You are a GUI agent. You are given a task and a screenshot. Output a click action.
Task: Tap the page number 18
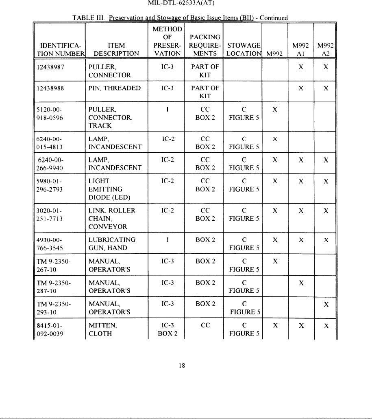pos(182,365)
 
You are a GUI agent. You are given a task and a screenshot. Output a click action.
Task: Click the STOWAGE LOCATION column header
pos(244,49)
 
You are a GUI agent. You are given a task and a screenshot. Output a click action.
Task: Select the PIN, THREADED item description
pos(115,88)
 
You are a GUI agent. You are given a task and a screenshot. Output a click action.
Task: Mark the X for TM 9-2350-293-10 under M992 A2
pos(326,304)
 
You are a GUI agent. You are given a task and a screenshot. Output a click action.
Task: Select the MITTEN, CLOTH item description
pos(104,329)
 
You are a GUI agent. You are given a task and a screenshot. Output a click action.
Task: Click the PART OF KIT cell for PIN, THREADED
pos(205,92)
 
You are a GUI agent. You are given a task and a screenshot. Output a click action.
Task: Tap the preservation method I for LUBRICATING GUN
pos(168,240)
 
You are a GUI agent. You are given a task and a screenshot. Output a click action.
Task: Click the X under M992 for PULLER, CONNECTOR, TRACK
pos(275,110)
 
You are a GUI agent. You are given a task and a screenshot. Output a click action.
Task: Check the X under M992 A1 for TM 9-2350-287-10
pos(300,283)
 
